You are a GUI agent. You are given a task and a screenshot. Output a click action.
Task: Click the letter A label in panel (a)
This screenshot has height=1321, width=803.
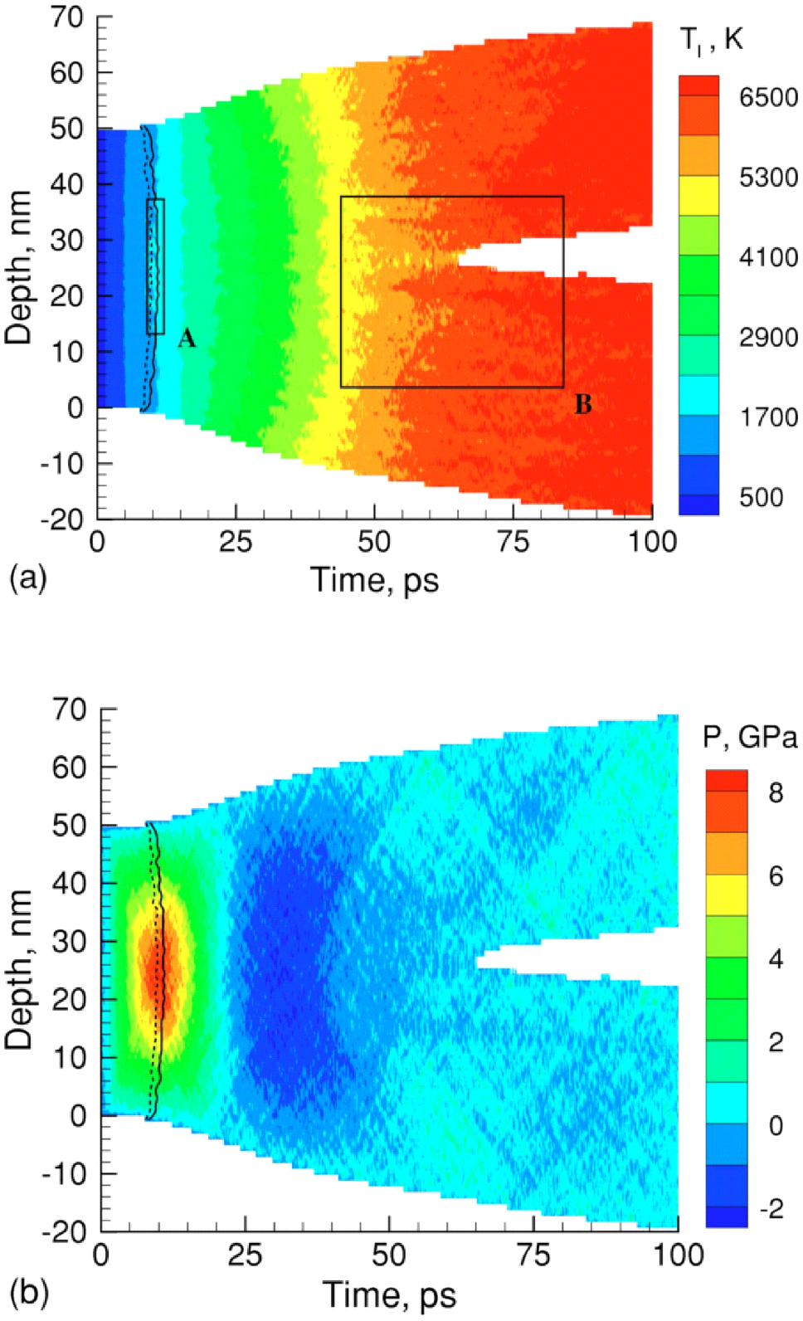pos(187,338)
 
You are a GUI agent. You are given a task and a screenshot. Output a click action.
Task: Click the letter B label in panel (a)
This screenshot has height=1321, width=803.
pos(583,404)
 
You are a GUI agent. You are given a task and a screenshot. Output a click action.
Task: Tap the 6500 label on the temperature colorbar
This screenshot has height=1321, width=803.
pos(768,97)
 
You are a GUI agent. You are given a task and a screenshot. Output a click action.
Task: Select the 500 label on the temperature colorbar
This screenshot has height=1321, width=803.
pos(761,497)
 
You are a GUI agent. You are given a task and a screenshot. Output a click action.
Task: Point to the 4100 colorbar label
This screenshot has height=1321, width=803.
pos(768,257)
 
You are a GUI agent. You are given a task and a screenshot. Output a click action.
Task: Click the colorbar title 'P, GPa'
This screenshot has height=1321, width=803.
pos(750,737)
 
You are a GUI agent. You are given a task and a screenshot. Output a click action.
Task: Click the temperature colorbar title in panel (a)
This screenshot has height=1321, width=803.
pos(711,40)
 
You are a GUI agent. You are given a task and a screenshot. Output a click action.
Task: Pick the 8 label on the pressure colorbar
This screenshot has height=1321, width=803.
pos(776,792)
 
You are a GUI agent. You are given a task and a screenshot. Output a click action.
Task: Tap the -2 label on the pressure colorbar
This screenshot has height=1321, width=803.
pos(771,1208)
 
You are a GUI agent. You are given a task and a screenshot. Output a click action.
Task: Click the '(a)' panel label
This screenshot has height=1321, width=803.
pos(28,577)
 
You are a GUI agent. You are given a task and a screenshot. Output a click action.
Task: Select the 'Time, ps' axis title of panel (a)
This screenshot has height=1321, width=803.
pos(374,579)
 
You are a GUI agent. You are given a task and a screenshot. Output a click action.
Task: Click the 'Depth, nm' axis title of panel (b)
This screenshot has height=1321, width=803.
pos(18,969)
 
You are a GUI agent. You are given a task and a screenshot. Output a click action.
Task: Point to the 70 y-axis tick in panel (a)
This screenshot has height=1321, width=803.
pos(66,17)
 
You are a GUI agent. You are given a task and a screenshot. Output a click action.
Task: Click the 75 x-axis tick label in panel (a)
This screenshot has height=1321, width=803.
pos(513,542)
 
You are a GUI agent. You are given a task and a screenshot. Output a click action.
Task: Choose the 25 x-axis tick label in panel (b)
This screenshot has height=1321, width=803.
pos(245,1255)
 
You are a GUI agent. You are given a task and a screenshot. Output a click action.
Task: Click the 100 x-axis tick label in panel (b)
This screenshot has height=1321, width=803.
pos(678,1255)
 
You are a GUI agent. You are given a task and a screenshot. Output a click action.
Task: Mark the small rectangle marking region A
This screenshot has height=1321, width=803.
pos(155,266)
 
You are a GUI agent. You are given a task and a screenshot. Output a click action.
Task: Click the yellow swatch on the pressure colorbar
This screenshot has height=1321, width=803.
pos(727,895)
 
